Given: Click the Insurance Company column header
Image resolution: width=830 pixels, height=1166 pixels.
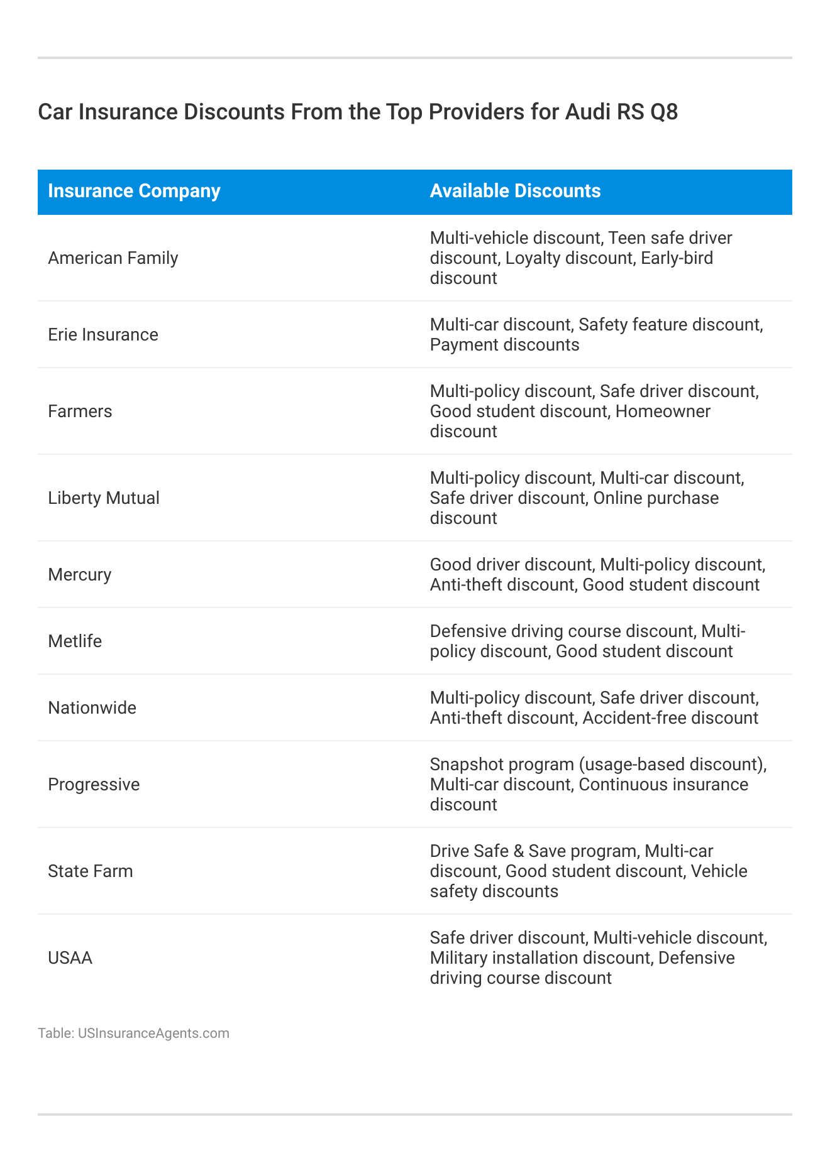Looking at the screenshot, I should tap(134, 191).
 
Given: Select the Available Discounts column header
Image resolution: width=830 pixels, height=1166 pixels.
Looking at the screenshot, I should tap(515, 191).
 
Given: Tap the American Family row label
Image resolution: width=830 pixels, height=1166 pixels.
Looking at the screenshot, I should tap(113, 258).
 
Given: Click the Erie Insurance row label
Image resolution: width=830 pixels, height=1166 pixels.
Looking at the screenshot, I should tap(103, 335).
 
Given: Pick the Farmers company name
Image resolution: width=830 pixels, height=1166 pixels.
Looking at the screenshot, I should tap(80, 411).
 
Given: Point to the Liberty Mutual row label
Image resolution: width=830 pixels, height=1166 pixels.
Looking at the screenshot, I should tap(104, 498).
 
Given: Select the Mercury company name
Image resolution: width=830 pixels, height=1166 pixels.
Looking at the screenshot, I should tap(80, 575).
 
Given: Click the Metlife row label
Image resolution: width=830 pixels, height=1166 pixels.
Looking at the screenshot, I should tap(75, 641).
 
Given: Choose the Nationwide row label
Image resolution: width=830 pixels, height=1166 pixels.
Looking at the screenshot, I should tap(92, 708).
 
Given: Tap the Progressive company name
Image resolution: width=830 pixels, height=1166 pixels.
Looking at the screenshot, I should tap(94, 785).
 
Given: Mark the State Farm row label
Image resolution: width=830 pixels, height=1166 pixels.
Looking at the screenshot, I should tap(91, 871).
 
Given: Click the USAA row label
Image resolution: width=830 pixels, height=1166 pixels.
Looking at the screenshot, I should tap(70, 958).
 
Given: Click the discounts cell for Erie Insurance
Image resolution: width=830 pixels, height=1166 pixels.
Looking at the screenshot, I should tap(596, 335).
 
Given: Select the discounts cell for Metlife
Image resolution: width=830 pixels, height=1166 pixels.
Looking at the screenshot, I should tap(587, 641).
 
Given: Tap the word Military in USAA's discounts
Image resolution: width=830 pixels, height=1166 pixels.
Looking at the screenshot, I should tap(458, 958).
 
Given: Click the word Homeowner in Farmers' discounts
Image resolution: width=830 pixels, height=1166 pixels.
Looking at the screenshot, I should tap(663, 411).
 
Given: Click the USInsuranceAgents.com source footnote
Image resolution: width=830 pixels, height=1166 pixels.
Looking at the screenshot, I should tap(133, 1033).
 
